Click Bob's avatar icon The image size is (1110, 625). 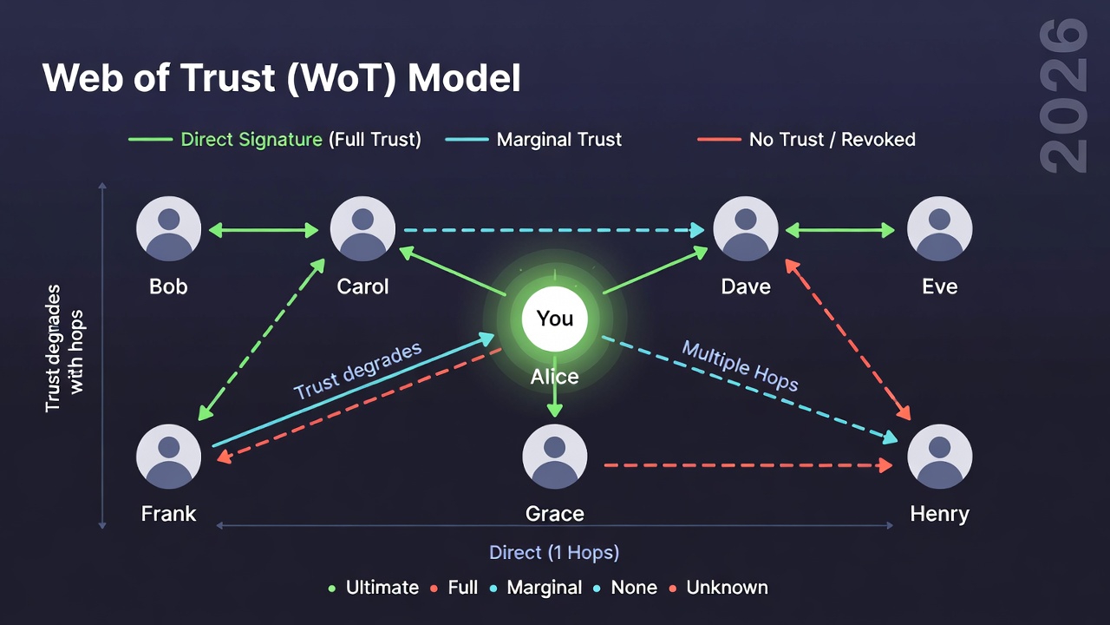pyautogui.click(x=169, y=229)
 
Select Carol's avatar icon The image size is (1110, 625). pyautogui.click(x=362, y=229)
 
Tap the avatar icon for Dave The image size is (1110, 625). pyautogui.click(x=746, y=229)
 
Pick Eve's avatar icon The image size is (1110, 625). pyautogui.click(x=939, y=229)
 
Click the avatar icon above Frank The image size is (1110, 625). pyautogui.click(x=169, y=457)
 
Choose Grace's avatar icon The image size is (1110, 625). pyautogui.click(x=555, y=457)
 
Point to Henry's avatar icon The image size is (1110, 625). pyautogui.click(x=939, y=457)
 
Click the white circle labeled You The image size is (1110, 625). pyautogui.click(x=555, y=319)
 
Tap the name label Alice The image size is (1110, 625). pyautogui.click(x=555, y=377)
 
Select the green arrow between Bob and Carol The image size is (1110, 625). pyautogui.click(x=265, y=230)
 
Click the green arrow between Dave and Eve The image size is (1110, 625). pyautogui.click(x=841, y=230)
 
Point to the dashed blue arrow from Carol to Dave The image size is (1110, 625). pyautogui.click(x=553, y=230)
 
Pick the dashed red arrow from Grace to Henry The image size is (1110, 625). pyautogui.click(x=748, y=465)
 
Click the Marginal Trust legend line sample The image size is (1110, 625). pyautogui.click(x=467, y=140)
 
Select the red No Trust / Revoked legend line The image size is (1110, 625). pyautogui.click(x=719, y=140)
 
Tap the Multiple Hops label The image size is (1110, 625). pyautogui.click(x=740, y=365)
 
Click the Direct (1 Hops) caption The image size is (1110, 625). pyautogui.click(x=554, y=553)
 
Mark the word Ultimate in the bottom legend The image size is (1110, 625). pyautogui.click(x=382, y=588)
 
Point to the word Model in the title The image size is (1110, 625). pyautogui.click(x=465, y=79)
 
